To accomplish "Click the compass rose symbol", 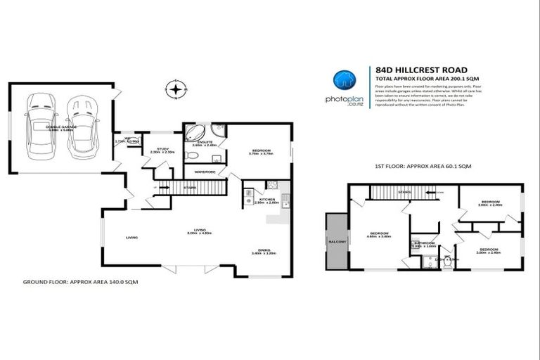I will (176, 89).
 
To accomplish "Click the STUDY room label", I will (162, 149).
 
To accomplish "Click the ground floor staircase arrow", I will (169, 188).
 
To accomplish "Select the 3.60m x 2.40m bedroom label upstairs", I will (489, 203).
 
